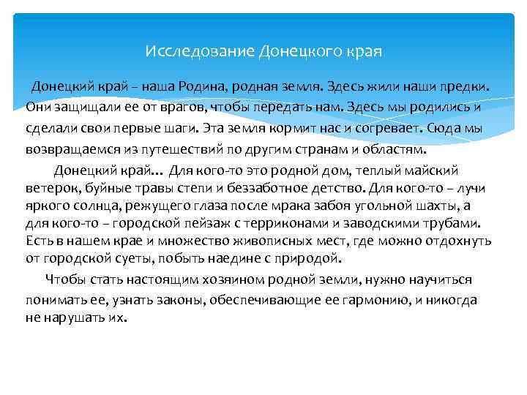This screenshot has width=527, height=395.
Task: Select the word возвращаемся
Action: tap(72, 148)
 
